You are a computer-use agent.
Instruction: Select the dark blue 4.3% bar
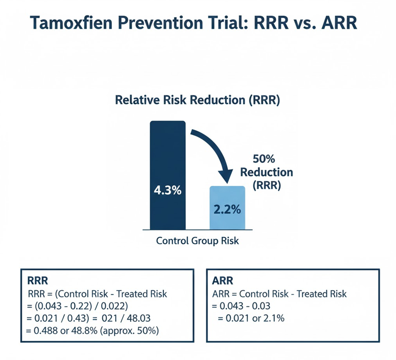168,175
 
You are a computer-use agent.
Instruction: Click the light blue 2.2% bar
227,208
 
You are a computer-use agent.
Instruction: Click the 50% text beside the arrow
264,159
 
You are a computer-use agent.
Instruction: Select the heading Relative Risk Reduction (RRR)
198,100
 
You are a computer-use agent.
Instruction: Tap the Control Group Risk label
197,241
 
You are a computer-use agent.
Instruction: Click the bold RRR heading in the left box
37,280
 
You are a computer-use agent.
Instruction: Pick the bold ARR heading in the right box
222,280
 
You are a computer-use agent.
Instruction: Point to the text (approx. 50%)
130,331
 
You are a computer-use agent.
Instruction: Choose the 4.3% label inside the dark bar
167,190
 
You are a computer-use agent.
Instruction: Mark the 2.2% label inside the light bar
227,209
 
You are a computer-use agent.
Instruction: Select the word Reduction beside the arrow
266,172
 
